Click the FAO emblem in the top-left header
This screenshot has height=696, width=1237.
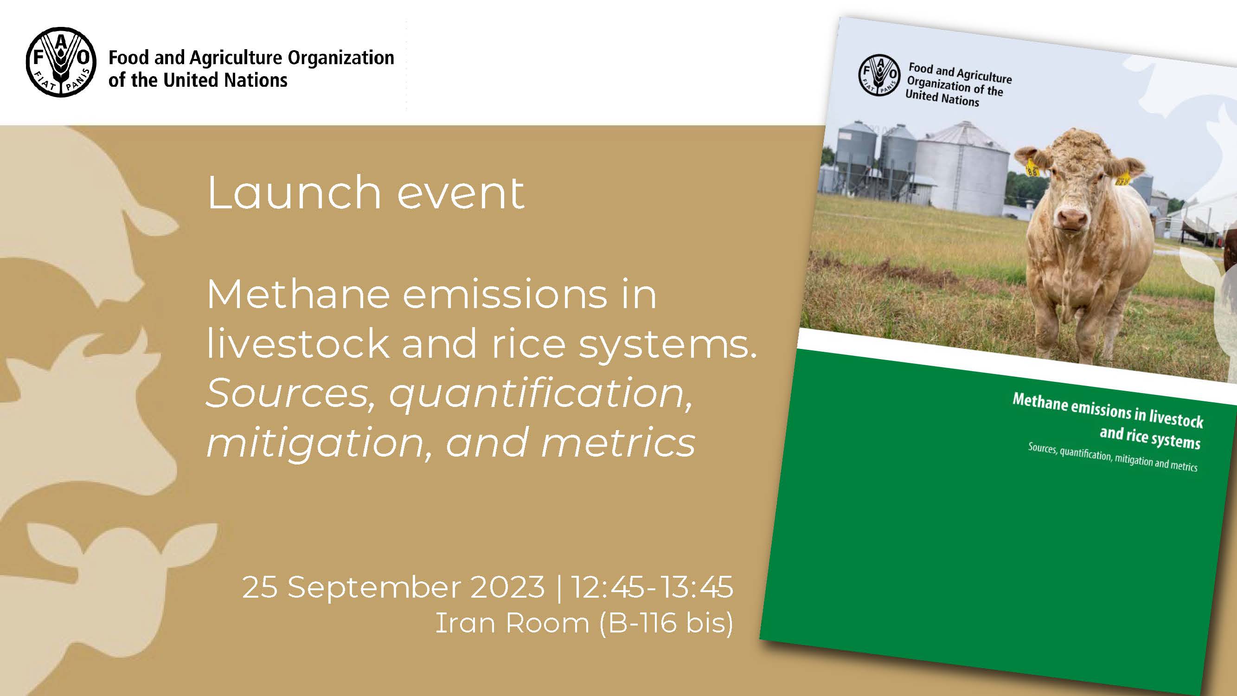[61, 62]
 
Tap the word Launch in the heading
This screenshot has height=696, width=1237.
[294, 193]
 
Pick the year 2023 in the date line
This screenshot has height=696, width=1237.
[507, 587]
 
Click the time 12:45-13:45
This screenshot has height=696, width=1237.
[652, 587]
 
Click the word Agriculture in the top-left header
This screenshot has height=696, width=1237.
[236, 58]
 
